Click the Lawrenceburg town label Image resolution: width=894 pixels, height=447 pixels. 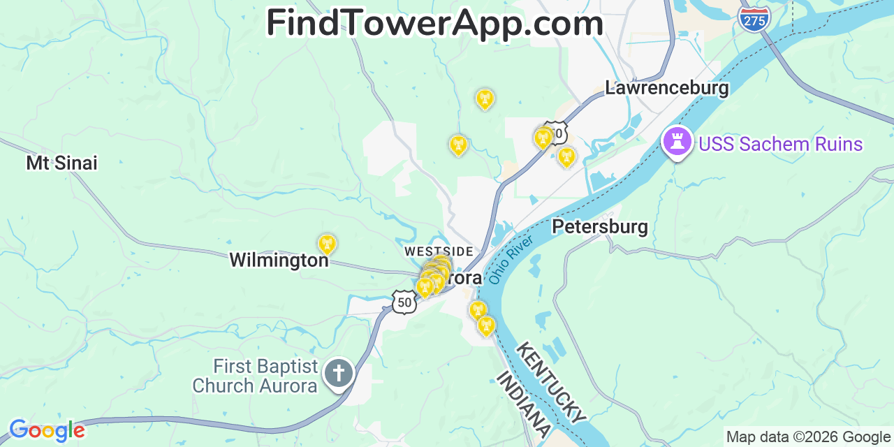[x=666, y=89]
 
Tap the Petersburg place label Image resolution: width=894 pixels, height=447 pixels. [x=599, y=227]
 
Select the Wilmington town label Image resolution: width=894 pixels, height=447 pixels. [x=279, y=261]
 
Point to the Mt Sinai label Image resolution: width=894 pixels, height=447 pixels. [x=61, y=163]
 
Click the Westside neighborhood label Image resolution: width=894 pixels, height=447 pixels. [x=439, y=251]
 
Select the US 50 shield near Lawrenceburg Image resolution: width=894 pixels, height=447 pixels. [x=556, y=132]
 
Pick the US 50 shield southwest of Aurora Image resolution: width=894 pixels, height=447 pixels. [x=404, y=302]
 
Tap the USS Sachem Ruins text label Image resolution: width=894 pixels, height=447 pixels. [x=780, y=145]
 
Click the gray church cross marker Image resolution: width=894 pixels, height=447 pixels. [x=339, y=374]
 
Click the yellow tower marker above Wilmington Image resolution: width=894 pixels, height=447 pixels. [x=327, y=244]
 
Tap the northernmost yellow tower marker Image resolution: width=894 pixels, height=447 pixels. [x=485, y=99]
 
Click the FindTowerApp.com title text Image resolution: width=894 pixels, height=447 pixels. [x=434, y=24]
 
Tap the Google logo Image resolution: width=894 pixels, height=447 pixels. [x=46, y=430]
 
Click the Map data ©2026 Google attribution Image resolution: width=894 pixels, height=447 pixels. [x=808, y=437]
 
